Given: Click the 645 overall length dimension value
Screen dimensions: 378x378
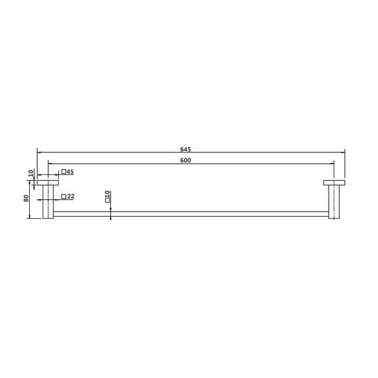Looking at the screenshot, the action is click(185, 150).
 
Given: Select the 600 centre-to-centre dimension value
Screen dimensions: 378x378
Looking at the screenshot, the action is click(185, 160).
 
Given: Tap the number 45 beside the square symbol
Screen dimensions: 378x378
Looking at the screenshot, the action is click(70, 172).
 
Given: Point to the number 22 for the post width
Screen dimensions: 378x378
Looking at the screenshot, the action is click(70, 197).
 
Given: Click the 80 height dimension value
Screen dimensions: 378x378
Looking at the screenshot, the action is click(26, 198).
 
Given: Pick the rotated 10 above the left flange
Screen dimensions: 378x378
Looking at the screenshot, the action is click(31, 173).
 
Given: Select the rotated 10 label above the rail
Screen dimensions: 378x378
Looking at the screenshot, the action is click(107, 194).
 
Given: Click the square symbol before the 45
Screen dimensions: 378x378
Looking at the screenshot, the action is click(64, 172).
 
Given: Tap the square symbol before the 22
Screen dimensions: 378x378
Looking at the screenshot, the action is click(64, 197).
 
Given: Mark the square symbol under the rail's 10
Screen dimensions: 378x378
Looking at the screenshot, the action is click(107, 200).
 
